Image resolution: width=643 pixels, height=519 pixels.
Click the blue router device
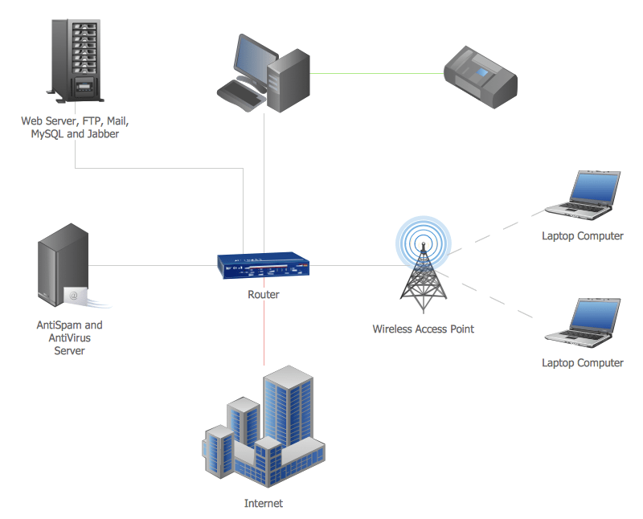pos(264,266)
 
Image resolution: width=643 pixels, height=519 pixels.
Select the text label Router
pos(264,295)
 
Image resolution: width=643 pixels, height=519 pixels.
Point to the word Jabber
pos(102,134)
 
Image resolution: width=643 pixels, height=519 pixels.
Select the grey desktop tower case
pos(288,80)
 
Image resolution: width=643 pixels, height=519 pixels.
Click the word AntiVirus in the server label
pos(70,338)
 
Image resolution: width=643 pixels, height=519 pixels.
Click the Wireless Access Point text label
pos(423,329)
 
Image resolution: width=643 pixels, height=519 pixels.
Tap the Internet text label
pos(264,504)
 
